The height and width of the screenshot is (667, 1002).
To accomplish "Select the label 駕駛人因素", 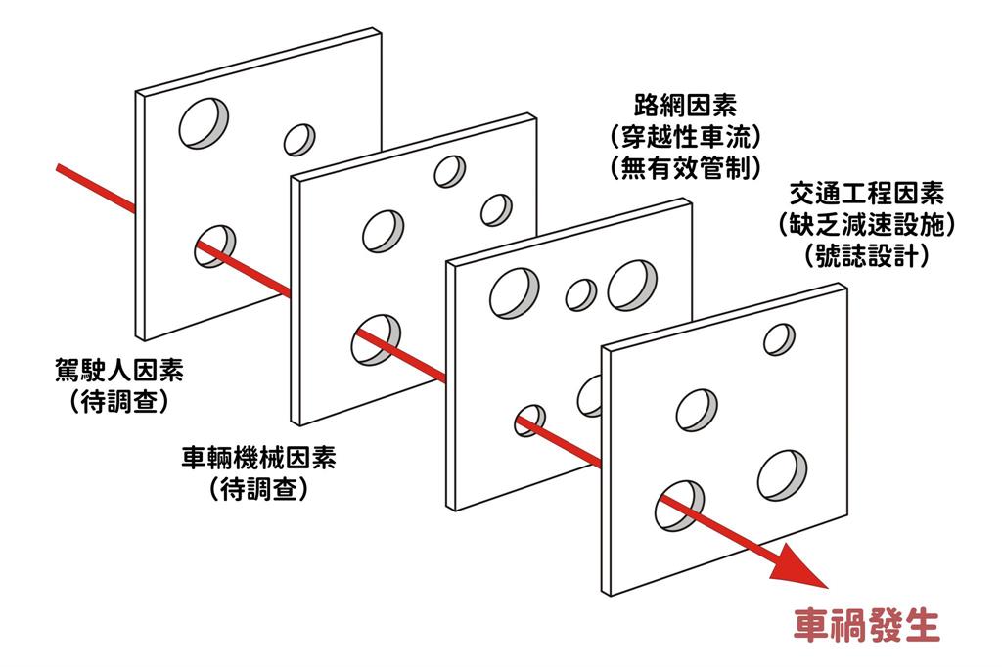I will click(118, 371).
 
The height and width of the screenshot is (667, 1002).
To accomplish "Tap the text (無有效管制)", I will click(684, 167).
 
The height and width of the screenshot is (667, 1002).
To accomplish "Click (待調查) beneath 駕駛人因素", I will click(118, 401).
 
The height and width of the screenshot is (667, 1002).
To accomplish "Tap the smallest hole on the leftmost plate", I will click(298, 139).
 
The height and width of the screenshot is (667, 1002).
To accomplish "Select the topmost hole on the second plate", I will click(450, 170).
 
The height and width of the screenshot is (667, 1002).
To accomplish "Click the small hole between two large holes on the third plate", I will click(581, 293).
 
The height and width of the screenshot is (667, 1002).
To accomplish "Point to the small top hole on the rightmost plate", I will click(779, 338).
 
